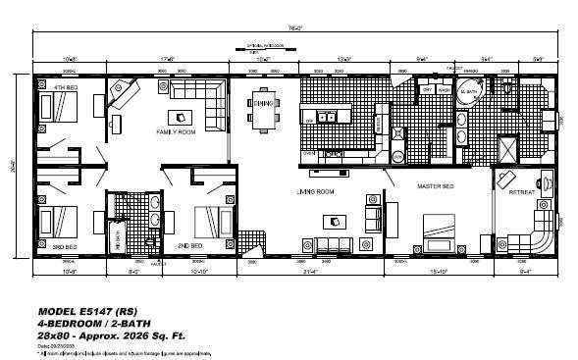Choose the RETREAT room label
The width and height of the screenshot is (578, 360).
pyautogui.click(x=521, y=192)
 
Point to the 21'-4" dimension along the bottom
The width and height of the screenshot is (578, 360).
pyautogui.click(x=308, y=271)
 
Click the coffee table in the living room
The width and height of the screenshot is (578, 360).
pyautogui.click(x=332, y=222)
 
